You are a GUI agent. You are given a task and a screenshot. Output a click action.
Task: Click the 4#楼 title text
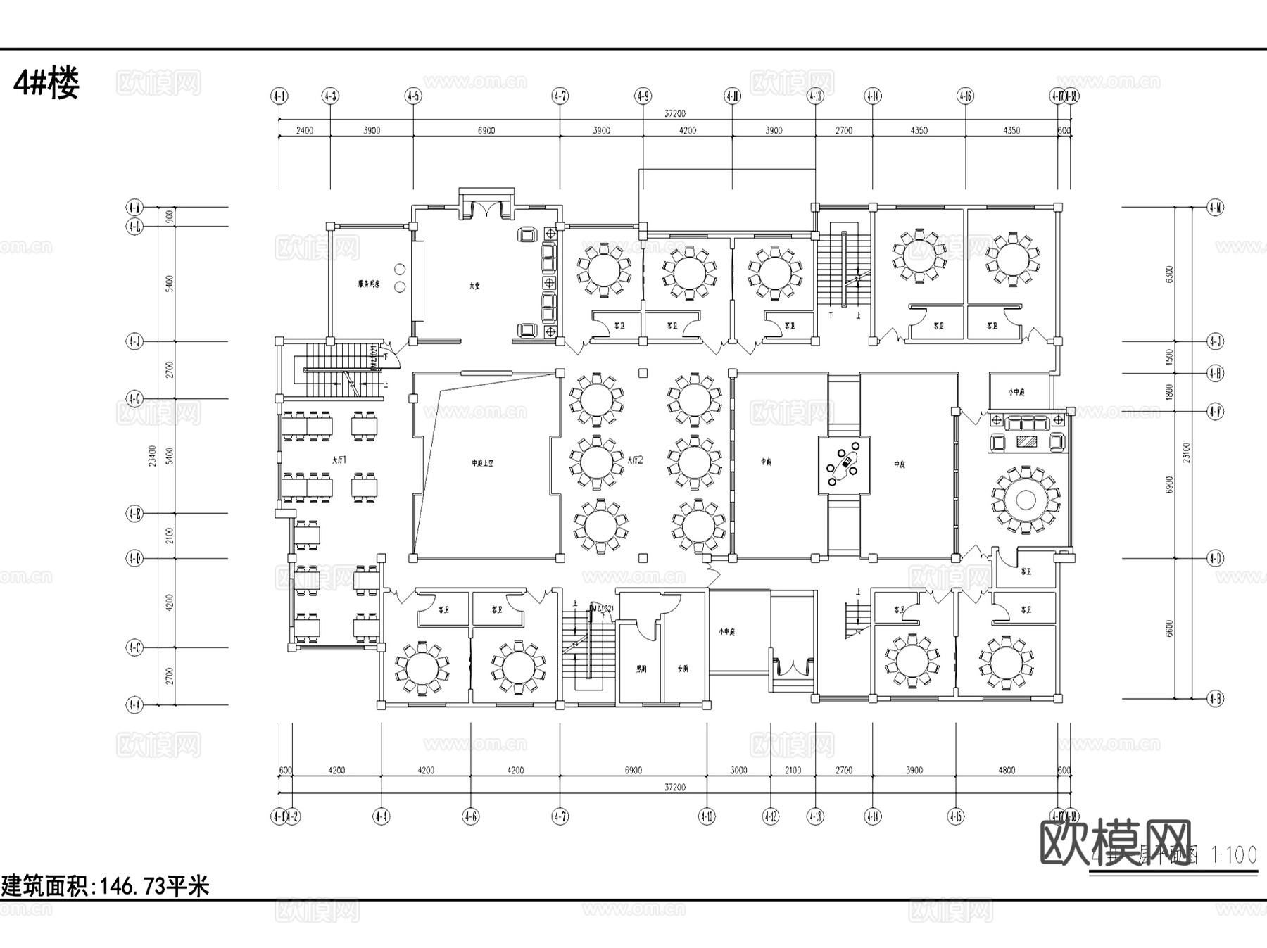coord(46,84)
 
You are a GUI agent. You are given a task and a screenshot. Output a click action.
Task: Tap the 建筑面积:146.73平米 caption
coord(105,885)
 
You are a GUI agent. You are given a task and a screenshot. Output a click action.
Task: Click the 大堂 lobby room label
coord(475,286)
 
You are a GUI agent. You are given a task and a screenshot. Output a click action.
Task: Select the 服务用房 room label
coord(368,284)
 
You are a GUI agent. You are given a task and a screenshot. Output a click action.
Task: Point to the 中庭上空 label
coord(483,463)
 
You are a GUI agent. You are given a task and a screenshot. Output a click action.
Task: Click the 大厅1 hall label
coord(339,460)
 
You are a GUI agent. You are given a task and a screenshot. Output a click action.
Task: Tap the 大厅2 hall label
coord(636,460)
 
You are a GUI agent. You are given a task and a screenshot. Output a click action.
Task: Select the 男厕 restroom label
coord(641,669)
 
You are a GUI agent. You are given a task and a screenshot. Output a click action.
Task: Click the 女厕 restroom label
coord(682,669)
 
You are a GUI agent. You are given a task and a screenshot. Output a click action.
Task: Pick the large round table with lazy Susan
coord(1025,500)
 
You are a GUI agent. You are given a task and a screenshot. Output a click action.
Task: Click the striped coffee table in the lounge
coord(1026,442)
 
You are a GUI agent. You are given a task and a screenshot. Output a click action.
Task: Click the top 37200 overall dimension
coord(674,113)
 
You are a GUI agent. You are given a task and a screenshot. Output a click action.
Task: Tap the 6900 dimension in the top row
coord(486,130)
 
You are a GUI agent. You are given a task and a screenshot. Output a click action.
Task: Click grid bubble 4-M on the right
coord(1215,207)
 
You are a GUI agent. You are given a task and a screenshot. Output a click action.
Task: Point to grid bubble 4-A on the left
coord(134,704)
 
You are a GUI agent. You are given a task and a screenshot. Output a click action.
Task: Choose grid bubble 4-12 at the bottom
coord(770,816)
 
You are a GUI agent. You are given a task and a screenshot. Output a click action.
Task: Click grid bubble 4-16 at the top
coord(965,96)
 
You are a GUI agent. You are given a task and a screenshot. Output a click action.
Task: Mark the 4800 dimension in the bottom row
coord(1007,770)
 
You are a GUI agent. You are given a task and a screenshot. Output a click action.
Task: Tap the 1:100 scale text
coord(1233,855)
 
